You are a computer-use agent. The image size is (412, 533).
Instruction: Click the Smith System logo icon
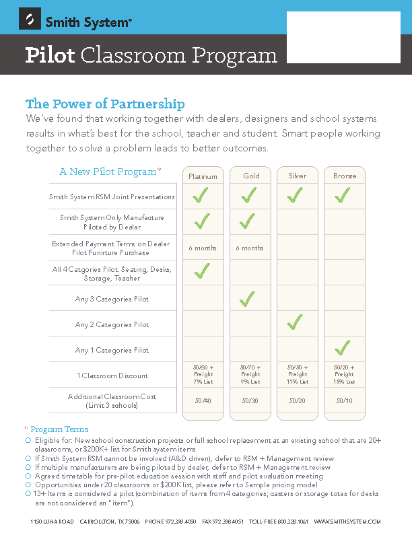pos(30,22)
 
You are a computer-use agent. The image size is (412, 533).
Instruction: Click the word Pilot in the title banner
pos(50,55)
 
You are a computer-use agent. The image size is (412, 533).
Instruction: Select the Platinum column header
pos(203,176)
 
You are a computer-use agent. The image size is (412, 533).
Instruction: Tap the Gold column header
pos(250,176)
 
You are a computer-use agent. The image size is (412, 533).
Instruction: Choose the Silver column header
pos(297,176)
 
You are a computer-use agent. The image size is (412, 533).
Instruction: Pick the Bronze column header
pos(344,176)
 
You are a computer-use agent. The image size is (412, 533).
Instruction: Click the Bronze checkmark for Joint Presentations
pos(343,196)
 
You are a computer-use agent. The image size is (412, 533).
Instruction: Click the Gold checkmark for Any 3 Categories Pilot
pos(248,298)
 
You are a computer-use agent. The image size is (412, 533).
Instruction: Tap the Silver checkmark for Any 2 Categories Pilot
pos(295,323)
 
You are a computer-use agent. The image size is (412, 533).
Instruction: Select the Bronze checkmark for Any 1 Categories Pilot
pos(343,348)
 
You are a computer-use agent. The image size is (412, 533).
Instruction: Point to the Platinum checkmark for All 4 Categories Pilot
pos(201,271)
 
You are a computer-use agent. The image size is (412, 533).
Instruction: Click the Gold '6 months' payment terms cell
pos(250,248)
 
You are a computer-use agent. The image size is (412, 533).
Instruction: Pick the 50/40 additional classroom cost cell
pos(203,400)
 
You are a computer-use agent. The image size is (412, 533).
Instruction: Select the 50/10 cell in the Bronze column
pos(344,400)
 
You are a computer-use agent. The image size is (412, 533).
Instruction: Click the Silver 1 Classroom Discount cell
pos(297,375)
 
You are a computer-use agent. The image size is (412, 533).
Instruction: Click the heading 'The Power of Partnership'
pos(105,104)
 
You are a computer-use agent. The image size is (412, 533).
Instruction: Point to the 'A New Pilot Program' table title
pos(108,172)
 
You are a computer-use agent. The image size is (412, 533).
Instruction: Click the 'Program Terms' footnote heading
pos(59,429)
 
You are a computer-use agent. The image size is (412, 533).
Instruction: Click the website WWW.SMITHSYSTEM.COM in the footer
pos(347,522)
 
